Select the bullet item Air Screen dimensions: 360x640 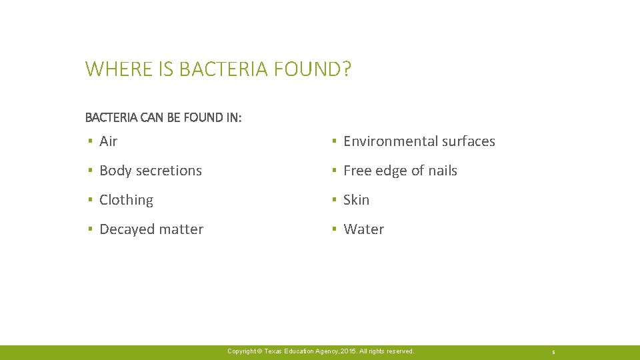(108, 141)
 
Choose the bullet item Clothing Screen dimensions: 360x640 (126, 200)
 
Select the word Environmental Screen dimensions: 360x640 (389, 141)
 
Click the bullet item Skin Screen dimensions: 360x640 (356, 200)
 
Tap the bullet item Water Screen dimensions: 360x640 (363, 229)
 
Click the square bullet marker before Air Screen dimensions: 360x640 (89, 141)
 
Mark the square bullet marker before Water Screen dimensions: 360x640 (333, 229)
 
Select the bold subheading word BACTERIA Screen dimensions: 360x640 (111, 117)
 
